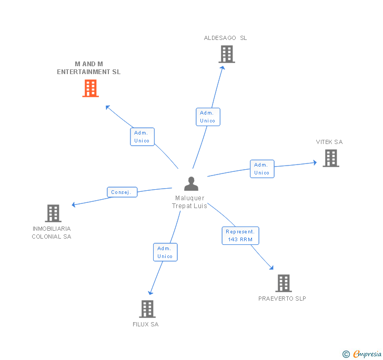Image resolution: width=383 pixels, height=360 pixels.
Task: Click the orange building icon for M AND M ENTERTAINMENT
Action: (x=90, y=88)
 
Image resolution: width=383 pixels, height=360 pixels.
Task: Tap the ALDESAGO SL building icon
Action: (x=226, y=54)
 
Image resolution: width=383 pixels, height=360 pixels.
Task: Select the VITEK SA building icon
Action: (x=330, y=158)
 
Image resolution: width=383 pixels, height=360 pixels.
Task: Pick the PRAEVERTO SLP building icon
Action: (x=283, y=283)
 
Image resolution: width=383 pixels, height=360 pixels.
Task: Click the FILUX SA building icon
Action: (x=147, y=309)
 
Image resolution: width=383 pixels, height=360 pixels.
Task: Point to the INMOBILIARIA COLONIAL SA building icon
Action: (x=53, y=213)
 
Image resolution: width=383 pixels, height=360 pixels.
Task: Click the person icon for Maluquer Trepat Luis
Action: (x=191, y=184)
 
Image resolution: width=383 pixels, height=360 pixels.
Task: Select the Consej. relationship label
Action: (x=122, y=192)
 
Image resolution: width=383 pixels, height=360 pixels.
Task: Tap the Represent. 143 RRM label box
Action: (x=240, y=235)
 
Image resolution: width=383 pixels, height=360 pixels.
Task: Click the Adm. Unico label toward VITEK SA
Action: (x=261, y=169)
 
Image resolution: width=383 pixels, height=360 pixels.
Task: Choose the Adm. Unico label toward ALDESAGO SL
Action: (x=207, y=117)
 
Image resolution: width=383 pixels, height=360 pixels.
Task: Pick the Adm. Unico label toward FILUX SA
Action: (x=165, y=252)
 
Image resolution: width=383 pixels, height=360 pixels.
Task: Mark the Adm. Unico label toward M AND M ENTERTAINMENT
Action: (x=142, y=137)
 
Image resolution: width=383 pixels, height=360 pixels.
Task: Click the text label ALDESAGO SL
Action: (x=225, y=38)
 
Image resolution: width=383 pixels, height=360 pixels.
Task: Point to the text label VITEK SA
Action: (x=329, y=142)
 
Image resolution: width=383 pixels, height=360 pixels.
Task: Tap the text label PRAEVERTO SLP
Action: (x=282, y=299)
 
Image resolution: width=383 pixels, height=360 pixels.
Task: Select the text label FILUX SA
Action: (x=145, y=324)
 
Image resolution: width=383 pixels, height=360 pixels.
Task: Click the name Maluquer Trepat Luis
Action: (x=189, y=202)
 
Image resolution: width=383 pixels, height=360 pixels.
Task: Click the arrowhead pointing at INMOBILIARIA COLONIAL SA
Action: (x=74, y=204)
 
